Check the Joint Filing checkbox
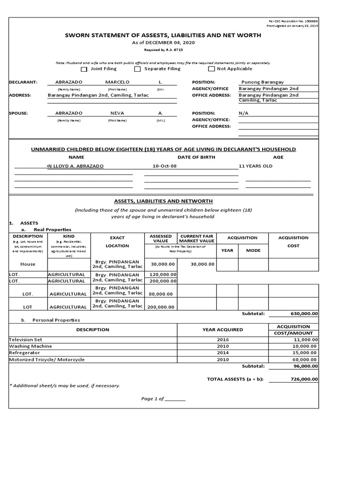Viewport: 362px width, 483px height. [84, 69]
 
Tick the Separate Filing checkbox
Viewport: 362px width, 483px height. [137, 69]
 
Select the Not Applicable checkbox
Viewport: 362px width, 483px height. [211, 69]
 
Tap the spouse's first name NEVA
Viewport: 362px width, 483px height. [117, 113]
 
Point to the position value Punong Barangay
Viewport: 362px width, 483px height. [262, 82]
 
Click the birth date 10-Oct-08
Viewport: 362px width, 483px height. [165, 166]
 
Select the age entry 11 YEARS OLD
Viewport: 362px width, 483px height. [255, 166]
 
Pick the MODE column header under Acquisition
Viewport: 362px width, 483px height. [253, 250]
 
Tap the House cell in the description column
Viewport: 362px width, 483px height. [28, 264]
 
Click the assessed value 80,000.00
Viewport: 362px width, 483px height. [161, 294]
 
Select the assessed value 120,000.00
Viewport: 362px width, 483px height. [163, 274]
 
